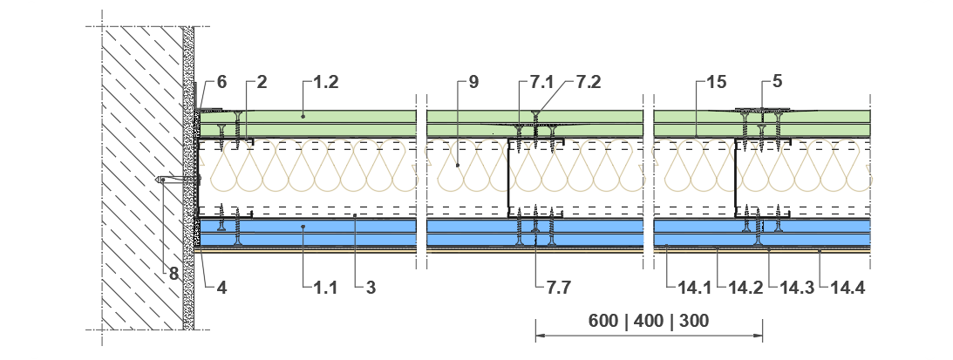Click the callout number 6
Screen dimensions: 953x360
pyautogui.click(x=221, y=82)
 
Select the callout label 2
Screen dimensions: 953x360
pyautogui.click(x=262, y=82)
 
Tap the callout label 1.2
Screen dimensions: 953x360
pyautogui.click(x=326, y=82)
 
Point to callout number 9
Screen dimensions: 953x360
pyautogui.click(x=473, y=82)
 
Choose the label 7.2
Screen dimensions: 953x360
pyautogui.click(x=589, y=82)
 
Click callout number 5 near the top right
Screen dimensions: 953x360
pyautogui.click(x=778, y=82)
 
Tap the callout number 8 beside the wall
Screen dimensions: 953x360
pyautogui.click(x=174, y=274)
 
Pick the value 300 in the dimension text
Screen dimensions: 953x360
pyautogui.click(x=694, y=321)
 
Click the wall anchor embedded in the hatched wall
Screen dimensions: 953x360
pyautogui.click(x=179, y=180)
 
